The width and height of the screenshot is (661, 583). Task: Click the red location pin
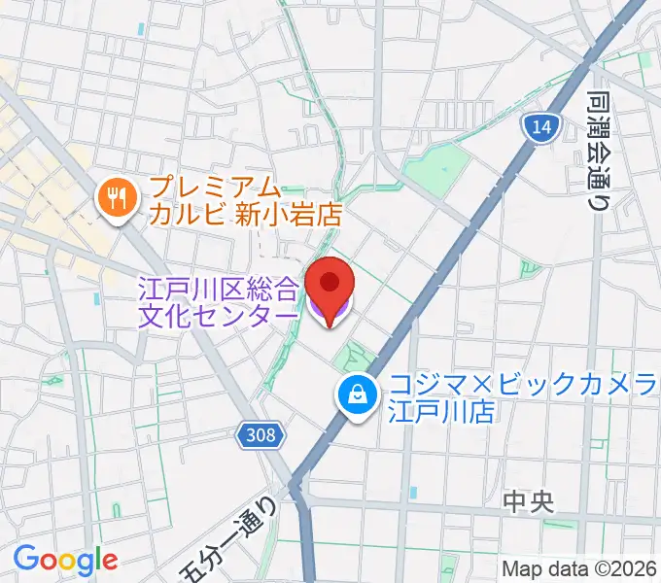pyautogui.click(x=330, y=283)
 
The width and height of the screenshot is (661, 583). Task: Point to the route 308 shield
pyautogui.click(x=260, y=436)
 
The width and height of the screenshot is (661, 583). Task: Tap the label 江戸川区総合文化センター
pyautogui.click(x=220, y=301)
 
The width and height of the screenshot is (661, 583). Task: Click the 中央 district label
pyautogui.click(x=529, y=502)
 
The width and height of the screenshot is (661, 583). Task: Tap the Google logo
pyautogui.click(x=65, y=560)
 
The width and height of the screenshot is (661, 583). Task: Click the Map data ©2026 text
pyautogui.click(x=578, y=568)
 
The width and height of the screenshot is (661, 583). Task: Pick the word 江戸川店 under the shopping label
pyautogui.click(x=443, y=411)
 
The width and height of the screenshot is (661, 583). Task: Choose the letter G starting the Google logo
pyautogui.click(x=25, y=559)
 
